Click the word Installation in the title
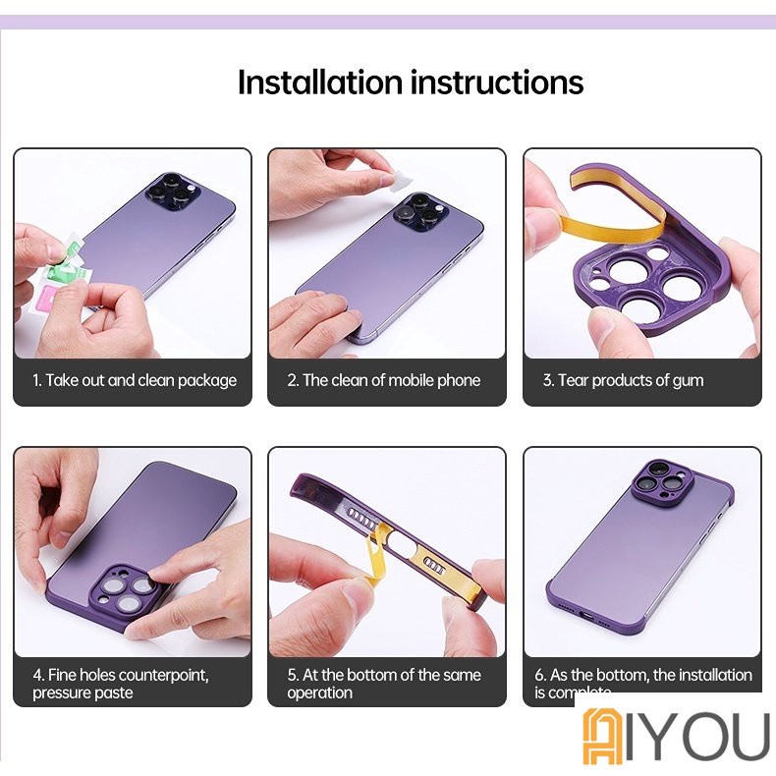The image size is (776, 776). [320, 82]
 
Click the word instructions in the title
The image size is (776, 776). [497, 82]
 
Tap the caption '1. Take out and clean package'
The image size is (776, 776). [135, 380]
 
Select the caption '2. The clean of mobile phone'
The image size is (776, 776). [384, 380]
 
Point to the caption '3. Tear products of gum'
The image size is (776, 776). [623, 380]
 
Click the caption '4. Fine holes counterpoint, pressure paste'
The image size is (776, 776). [121, 684]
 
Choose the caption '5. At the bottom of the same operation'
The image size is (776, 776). [384, 684]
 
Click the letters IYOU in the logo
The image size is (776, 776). [699, 735]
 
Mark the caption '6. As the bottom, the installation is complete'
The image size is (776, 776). [642, 684]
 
